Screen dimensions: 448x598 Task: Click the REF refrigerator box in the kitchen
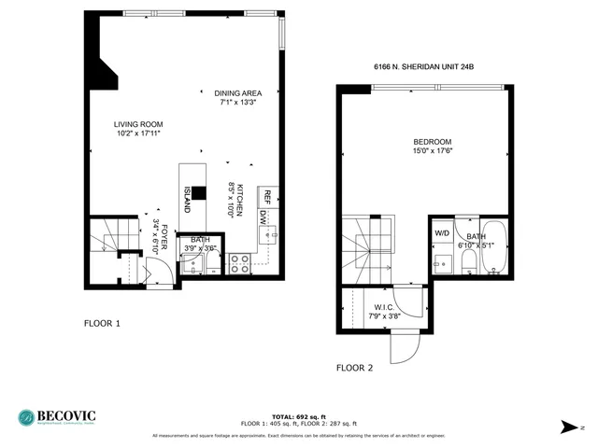click(266, 196)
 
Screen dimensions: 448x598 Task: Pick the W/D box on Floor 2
click(441, 233)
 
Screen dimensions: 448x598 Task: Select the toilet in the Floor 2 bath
click(467, 261)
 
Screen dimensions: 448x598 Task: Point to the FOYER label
click(163, 238)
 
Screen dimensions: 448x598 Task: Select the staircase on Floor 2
click(369, 244)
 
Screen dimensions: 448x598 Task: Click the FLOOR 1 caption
click(103, 324)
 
